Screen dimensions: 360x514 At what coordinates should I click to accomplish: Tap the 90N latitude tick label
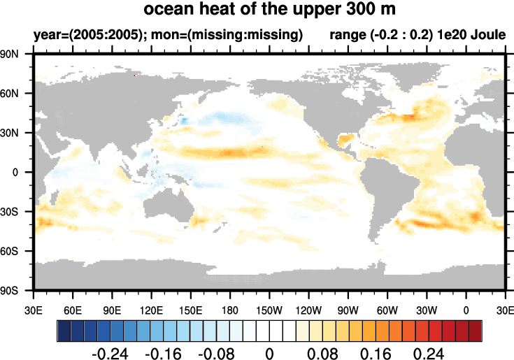[x=16, y=55]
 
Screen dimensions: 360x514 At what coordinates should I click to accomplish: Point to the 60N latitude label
[x=16, y=94]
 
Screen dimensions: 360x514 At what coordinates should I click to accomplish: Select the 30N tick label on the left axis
[x=16, y=133]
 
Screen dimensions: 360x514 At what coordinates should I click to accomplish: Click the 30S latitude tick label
[x=16, y=212]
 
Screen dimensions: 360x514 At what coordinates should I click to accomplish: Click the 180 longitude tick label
[x=230, y=309]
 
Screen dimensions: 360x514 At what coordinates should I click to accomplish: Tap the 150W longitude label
[x=269, y=309]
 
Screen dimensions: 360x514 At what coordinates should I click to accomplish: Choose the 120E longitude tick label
[x=151, y=309]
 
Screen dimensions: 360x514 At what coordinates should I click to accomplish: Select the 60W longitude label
[x=387, y=309]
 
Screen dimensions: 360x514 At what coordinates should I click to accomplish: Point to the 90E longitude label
[x=112, y=309]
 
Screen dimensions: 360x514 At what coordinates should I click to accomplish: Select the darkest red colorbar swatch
[x=476, y=329]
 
